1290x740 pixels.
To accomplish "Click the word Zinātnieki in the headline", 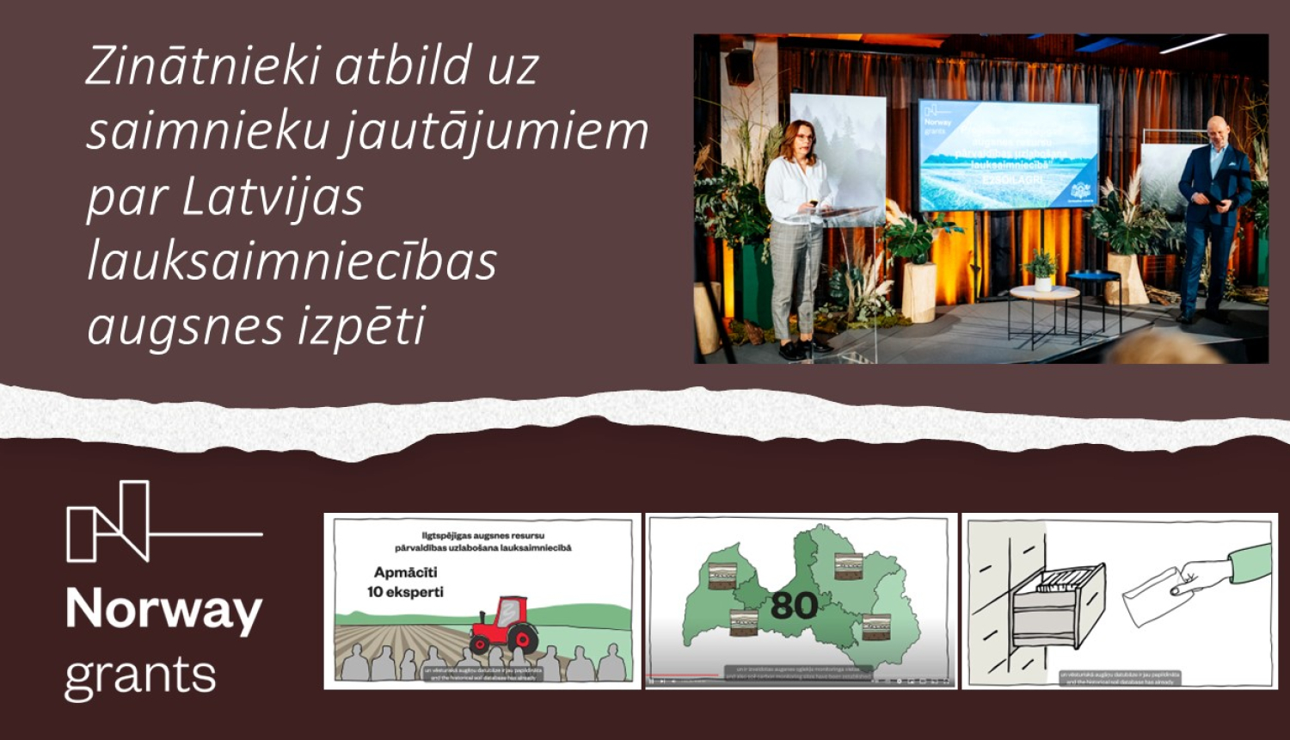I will (x=204, y=66).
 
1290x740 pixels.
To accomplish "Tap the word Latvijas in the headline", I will (x=273, y=197).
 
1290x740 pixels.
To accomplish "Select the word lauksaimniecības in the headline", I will (x=292, y=262).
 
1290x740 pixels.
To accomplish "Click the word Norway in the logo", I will (x=163, y=609).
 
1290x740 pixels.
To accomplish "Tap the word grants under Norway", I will (x=140, y=676).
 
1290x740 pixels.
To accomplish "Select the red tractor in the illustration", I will (x=504, y=626).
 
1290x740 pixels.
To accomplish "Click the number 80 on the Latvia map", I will (x=793, y=606).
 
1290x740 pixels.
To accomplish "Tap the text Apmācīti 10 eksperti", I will (x=406, y=582).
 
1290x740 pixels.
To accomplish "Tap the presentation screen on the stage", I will (x=1008, y=155).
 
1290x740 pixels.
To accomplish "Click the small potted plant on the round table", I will (x=1042, y=270).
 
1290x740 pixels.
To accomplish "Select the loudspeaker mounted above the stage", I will (x=740, y=67).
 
